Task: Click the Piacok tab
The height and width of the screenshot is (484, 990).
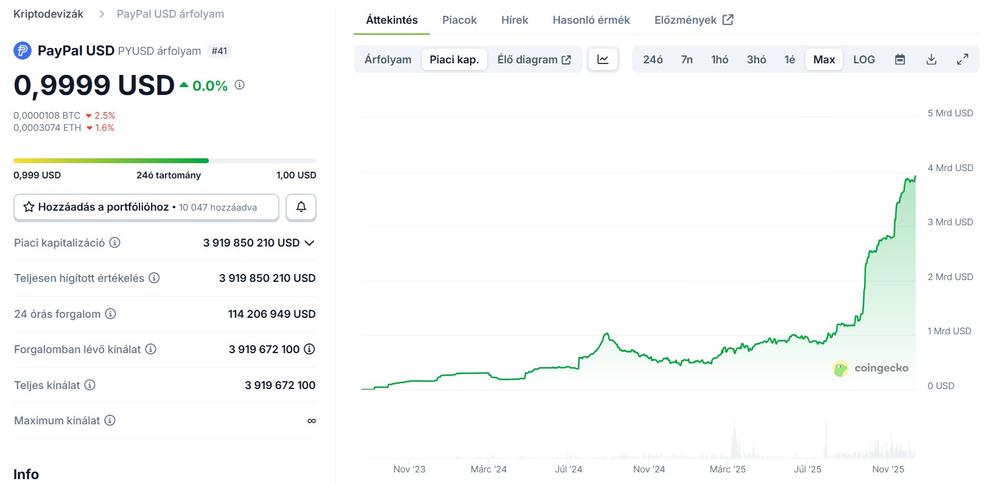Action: tap(459, 20)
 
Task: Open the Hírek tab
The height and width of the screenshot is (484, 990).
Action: tap(514, 20)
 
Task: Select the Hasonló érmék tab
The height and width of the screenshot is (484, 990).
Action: tap(591, 20)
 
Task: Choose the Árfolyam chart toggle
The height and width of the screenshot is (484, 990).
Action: tap(388, 60)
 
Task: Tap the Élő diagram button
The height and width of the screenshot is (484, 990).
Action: tap(534, 60)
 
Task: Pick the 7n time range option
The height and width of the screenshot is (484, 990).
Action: tap(687, 60)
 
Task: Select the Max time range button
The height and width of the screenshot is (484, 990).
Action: tap(824, 60)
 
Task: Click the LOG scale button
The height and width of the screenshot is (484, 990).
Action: tap(864, 60)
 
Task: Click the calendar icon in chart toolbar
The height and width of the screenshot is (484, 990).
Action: tap(900, 60)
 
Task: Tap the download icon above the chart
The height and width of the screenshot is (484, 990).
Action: tap(931, 60)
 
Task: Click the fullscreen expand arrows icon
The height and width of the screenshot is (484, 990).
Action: tap(963, 60)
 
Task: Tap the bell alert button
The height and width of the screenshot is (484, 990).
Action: tap(301, 207)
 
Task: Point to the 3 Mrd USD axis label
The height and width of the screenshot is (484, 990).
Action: tap(950, 222)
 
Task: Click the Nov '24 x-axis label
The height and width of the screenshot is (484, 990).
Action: tap(649, 469)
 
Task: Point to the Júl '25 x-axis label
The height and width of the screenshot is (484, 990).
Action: tap(807, 469)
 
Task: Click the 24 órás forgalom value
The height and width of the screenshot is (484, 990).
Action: tap(272, 314)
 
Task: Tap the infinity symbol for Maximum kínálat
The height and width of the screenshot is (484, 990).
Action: tap(311, 421)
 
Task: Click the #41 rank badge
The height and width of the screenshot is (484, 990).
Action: tap(219, 51)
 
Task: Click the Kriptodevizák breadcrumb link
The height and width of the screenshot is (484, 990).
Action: tap(48, 14)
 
